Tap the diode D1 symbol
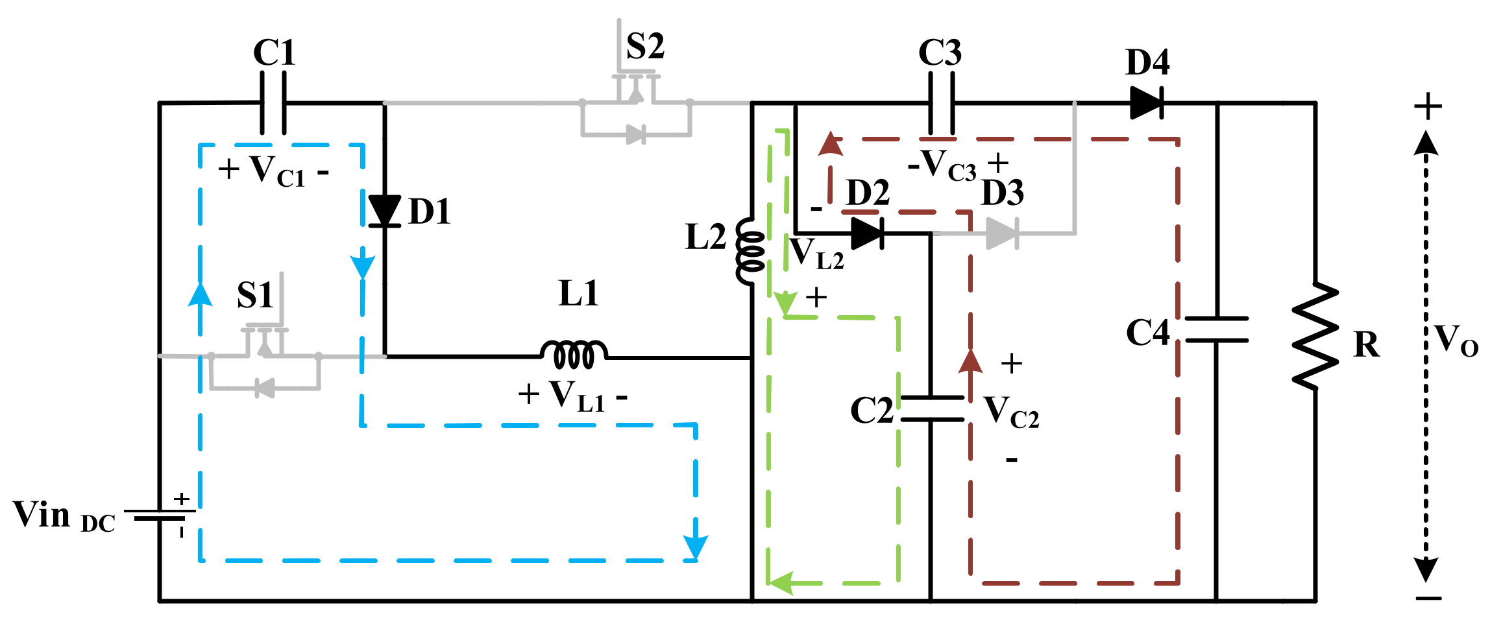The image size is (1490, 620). pos(384,211)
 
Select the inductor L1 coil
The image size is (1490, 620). pos(574,354)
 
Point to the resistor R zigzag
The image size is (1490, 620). pos(1315,336)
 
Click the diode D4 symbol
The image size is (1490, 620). pos(1147,102)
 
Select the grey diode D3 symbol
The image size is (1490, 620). pos(1001,233)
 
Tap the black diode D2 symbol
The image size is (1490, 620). pos(867,233)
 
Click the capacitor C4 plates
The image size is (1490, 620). pos(1217,329)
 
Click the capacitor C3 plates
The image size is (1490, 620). pos(942,104)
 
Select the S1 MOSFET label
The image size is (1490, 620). pos(254,296)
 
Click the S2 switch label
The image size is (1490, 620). pos(645,47)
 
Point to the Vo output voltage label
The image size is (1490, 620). pos(1456,340)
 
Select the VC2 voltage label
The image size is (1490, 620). pos(1010,412)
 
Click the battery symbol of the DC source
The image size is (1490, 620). pos(160,516)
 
